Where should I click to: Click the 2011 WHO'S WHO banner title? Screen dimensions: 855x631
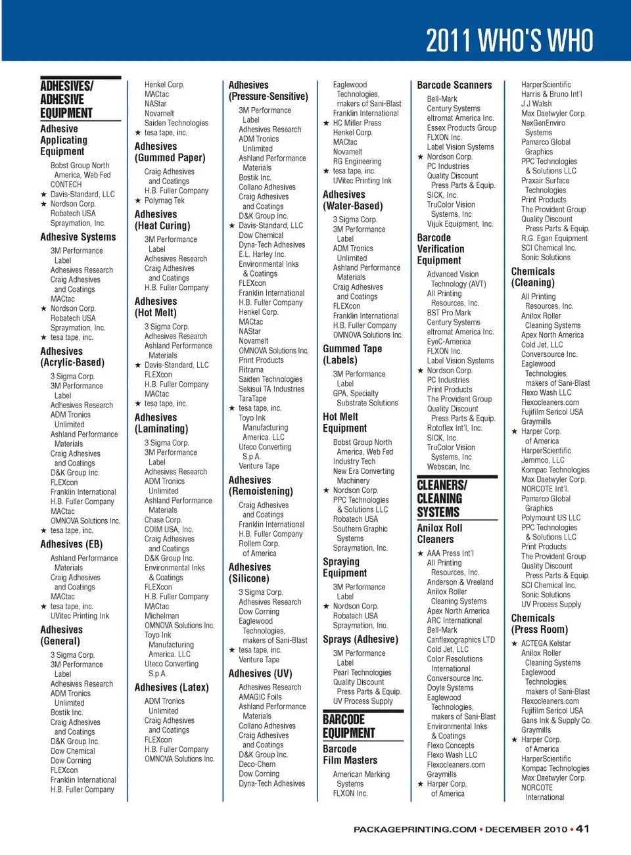[x=509, y=41]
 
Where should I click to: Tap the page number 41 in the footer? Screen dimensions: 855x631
[x=582, y=829]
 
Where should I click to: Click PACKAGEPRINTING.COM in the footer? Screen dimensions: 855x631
[x=415, y=829]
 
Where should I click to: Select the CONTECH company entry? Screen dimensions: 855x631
[x=66, y=185]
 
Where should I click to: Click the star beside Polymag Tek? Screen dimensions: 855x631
[x=138, y=200]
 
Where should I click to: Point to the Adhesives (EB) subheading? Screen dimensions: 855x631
[x=72, y=544]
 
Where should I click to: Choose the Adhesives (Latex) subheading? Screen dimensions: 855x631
[x=172, y=687]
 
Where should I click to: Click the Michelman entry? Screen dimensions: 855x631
[x=162, y=616]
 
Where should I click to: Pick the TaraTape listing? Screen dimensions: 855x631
[x=252, y=398]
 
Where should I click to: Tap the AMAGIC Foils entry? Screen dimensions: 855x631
[x=260, y=697]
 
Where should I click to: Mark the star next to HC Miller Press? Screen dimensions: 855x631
[x=326, y=123]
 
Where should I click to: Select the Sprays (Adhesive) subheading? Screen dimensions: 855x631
[x=360, y=639]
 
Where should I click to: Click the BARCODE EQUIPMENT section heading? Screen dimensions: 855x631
[x=349, y=726]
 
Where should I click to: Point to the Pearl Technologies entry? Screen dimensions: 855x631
[x=362, y=672]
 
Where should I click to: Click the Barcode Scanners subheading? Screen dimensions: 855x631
[x=454, y=85]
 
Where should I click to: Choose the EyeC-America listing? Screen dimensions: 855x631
[x=449, y=341]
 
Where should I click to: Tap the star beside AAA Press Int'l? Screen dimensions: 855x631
[x=421, y=553]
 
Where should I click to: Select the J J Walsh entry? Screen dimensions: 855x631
[x=536, y=104]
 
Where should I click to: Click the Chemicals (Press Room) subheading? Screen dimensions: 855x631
[x=539, y=624]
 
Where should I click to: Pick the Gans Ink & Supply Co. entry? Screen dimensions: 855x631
[x=556, y=720]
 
